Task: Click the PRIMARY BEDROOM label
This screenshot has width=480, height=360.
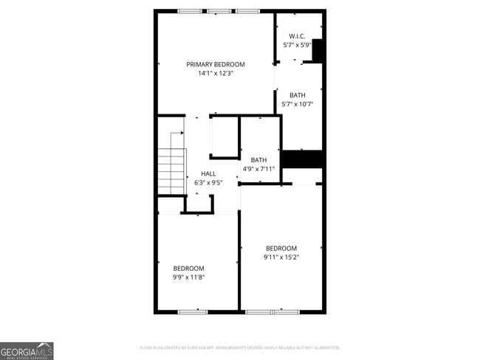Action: (215, 64)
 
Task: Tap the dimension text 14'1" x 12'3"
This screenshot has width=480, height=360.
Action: (215, 73)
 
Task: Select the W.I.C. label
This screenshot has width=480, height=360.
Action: (297, 35)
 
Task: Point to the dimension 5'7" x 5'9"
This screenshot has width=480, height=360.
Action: (297, 44)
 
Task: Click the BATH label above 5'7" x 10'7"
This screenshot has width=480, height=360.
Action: (297, 95)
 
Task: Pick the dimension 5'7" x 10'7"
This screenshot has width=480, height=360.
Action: (298, 104)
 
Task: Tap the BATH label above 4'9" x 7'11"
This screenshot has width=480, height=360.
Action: (258, 160)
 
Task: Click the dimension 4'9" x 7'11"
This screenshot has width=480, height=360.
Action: (258, 169)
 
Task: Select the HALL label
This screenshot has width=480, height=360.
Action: (208, 173)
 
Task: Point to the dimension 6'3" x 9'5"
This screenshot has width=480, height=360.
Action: (208, 182)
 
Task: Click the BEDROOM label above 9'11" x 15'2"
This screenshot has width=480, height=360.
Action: (281, 248)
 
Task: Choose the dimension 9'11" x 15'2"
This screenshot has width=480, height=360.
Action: (281, 257)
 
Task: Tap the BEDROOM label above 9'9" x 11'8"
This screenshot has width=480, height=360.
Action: (188, 268)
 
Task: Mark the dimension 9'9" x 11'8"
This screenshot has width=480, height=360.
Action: (188, 277)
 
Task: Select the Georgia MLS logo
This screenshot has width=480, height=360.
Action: (27, 350)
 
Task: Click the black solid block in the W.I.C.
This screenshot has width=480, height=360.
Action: (318, 50)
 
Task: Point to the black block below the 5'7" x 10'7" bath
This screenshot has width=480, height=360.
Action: (303, 159)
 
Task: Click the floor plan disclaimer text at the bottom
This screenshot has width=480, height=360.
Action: (239, 347)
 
